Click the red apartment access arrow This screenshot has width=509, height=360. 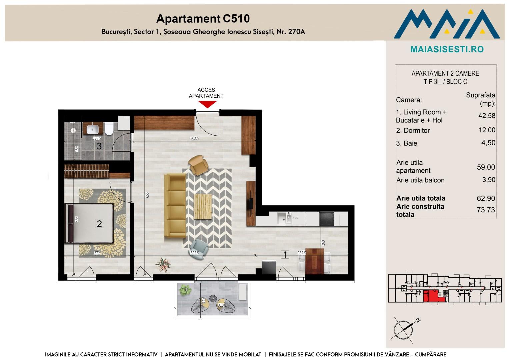point(207,104)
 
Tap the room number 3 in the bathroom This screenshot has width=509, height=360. point(99,146)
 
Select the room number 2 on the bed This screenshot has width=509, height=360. point(99,224)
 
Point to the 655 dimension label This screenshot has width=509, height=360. point(147,195)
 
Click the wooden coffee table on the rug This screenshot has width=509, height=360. point(203,206)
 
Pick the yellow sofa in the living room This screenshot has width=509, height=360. point(175,205)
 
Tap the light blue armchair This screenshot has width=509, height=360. point(198,248)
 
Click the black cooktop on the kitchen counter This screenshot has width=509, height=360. point(327,219)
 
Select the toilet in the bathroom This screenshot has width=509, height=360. point(109,129)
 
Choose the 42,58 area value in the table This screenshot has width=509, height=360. point(487,116)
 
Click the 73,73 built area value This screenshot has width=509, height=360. point(486,210)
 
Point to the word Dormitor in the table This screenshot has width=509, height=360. point(417,130)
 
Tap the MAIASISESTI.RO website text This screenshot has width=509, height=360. point(447,49)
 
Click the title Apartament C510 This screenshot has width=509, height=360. point(203,19)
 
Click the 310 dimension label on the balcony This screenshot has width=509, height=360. point(221,305)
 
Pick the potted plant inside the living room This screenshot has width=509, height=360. point(163,265)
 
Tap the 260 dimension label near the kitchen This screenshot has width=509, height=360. point(323,243)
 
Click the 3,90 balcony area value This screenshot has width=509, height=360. point(489,180)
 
